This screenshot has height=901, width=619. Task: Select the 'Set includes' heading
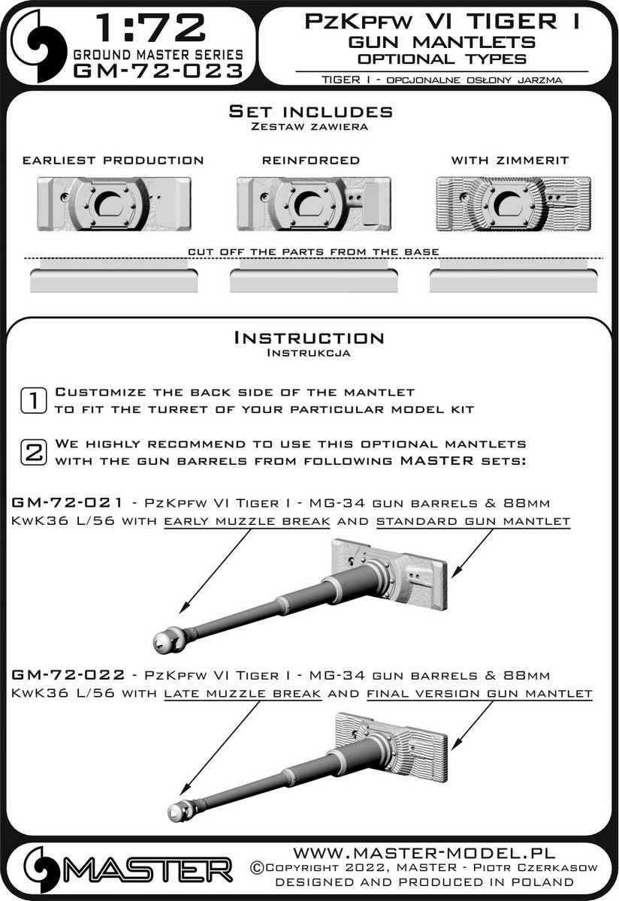click(x=309, y=112)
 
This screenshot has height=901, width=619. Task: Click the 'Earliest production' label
click(x=113, y=161)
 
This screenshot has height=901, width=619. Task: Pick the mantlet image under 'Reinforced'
click(x=310, y=203)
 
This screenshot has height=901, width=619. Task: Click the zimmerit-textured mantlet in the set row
click(x=512, y=203)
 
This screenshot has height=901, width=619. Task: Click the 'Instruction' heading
click(x=309, y=339)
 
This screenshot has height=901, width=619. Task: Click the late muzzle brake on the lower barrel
click(x=180, y=810)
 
